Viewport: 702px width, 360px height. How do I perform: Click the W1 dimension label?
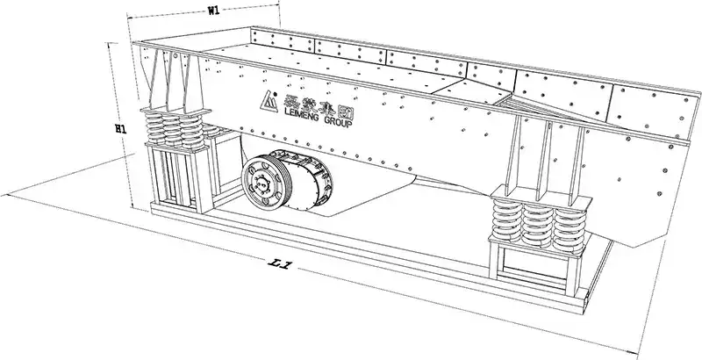[213, 11]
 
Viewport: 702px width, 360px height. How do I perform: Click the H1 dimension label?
[120, 129]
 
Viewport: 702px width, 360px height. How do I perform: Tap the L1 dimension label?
[279, 264]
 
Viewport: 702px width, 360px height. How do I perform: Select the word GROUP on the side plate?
[338, 122]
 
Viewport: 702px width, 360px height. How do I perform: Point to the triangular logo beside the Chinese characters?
[269, 102]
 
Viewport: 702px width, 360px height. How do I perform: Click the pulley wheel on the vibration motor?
[266, 182]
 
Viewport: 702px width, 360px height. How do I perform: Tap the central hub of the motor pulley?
[262, 182]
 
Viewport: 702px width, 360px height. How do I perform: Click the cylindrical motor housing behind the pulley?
[309, 179]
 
